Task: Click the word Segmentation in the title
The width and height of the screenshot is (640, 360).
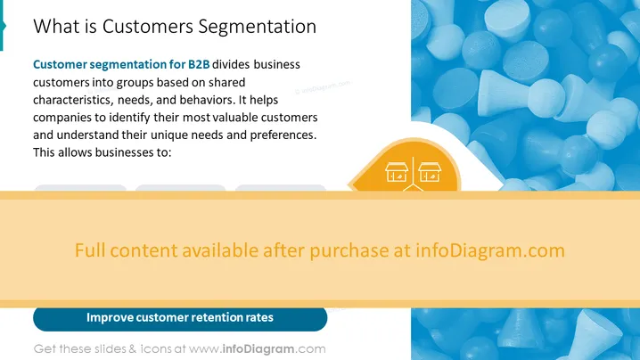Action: tap(257, 27)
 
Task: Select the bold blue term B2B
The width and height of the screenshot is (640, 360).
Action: tap(199, 64)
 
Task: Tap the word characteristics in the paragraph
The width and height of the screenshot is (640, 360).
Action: tap(73, 100)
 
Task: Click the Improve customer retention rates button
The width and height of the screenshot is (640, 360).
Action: tap(180, 318)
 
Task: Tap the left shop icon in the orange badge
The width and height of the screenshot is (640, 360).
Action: tap(397, 172)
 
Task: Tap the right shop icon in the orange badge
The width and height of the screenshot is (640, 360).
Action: tap(430, 172)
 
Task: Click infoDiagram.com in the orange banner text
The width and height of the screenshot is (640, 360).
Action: tap(490, 250)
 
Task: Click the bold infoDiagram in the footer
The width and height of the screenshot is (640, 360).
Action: tap(258, 349)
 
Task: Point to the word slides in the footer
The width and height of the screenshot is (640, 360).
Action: tap(111, 349)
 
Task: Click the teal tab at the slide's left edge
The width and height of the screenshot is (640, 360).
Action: tap(3, 25)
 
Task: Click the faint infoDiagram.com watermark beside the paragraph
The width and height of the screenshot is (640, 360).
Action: tap(323, 87)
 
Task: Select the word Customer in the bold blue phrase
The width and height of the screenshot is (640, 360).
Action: tap(60, 64)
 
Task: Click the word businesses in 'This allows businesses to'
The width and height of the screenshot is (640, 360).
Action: tap(119, 152)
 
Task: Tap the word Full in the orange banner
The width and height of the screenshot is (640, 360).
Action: tap(90, 250)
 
